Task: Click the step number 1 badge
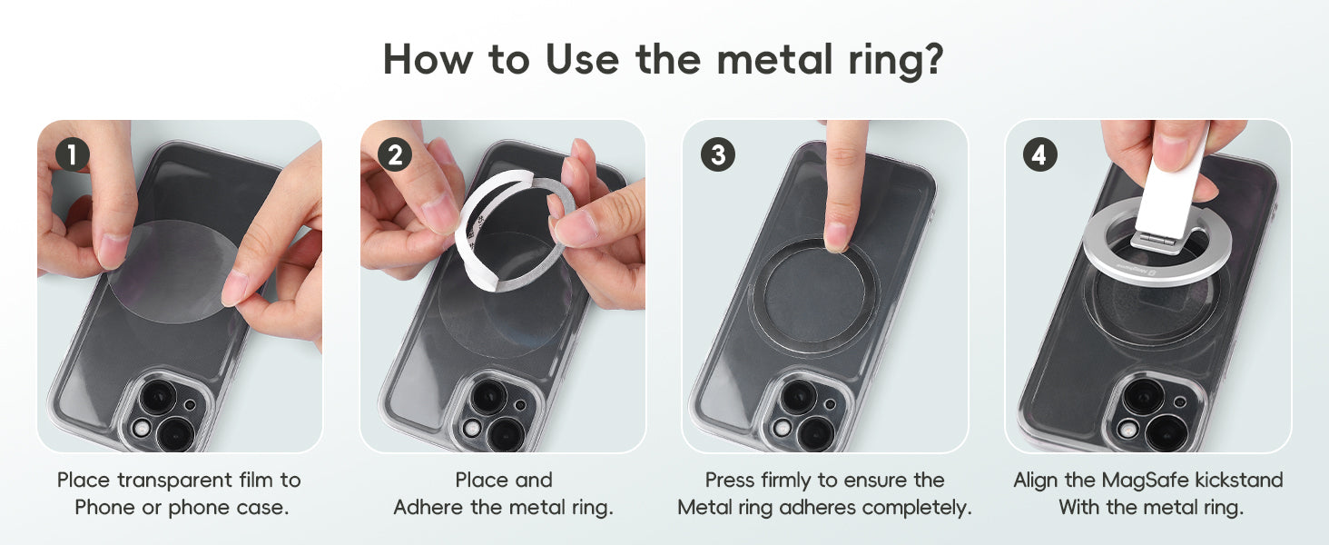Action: (73, 155)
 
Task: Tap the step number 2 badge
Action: (395, 155)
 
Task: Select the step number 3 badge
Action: (718, 155)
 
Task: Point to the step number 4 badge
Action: (1040, 155)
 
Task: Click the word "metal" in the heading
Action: (775, 59)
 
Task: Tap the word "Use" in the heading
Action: (583, 59)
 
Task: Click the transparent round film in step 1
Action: (172, 272)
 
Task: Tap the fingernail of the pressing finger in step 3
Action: (836, 236)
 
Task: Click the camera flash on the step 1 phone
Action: (143, 429)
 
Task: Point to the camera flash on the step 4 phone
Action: (1127, 429)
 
